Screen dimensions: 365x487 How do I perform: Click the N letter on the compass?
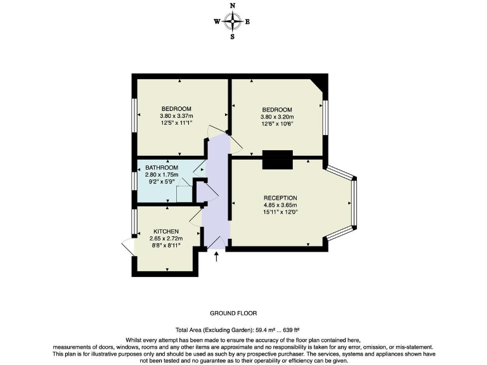pyautogui.click(x=233, y=6)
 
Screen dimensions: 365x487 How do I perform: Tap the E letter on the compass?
pyautogui.click(x=247, y=22)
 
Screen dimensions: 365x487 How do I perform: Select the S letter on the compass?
pyautogui.click(x=233, y=37)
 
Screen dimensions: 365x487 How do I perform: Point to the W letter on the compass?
pyautogui.click(x=217, y=22)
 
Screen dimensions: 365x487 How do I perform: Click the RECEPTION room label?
pyautogui.click(x=280, y=198)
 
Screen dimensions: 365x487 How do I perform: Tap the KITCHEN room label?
pyautogui.click(x=166, y=231)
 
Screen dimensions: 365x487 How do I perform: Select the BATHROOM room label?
pyautogui.click(x=162, y=167)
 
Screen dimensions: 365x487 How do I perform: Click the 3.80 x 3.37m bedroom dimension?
pyautogui.click(x=176, y=116)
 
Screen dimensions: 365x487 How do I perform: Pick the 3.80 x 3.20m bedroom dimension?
pyautogui.click(x=276, y=117)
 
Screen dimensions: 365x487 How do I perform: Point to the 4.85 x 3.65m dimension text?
pyautogui.click(x=280, y=205)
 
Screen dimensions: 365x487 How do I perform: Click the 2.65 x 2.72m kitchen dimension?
pyautogui.click(x=166, y=239)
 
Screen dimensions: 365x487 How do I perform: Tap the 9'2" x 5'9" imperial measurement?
pyautogui.click(x=162, y=182)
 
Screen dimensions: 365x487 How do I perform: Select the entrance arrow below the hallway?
pyautogui.click(x=217, y=256)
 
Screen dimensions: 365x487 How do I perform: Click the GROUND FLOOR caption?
pyautogui.click(x=233, y=313)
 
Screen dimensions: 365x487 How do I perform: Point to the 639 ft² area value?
pyautogui.click(x=290, y=330)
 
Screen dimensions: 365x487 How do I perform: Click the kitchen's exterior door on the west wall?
pyautogui.click(x=127, y=247)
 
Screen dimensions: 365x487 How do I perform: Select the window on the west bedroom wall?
pyautogui.click(x=134, y=116)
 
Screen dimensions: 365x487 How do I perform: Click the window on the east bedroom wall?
pyautogui.click(x=325, y=117)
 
